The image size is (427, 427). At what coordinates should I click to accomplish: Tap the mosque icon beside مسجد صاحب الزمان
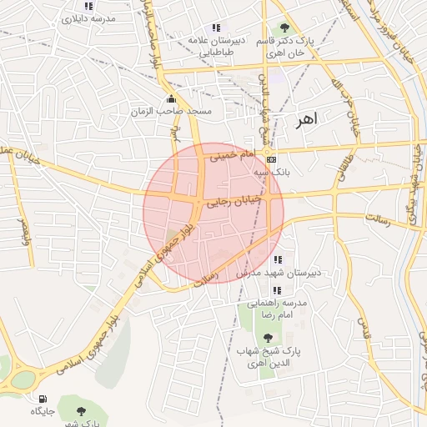click(x=172, y=98)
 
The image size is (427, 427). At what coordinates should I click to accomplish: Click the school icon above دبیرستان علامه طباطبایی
click(x=217, y=28)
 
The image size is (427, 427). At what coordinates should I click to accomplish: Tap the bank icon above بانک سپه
click(x=271, y=158)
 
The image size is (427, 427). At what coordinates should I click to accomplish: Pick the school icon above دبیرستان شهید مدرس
click(x=277, y=260)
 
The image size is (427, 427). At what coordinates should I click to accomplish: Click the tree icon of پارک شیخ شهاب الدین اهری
click(x=268, y=339)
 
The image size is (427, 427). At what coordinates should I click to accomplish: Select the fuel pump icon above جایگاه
click(x=43, y=399)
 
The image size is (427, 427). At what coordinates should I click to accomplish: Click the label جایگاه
click(x=42, y=412)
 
